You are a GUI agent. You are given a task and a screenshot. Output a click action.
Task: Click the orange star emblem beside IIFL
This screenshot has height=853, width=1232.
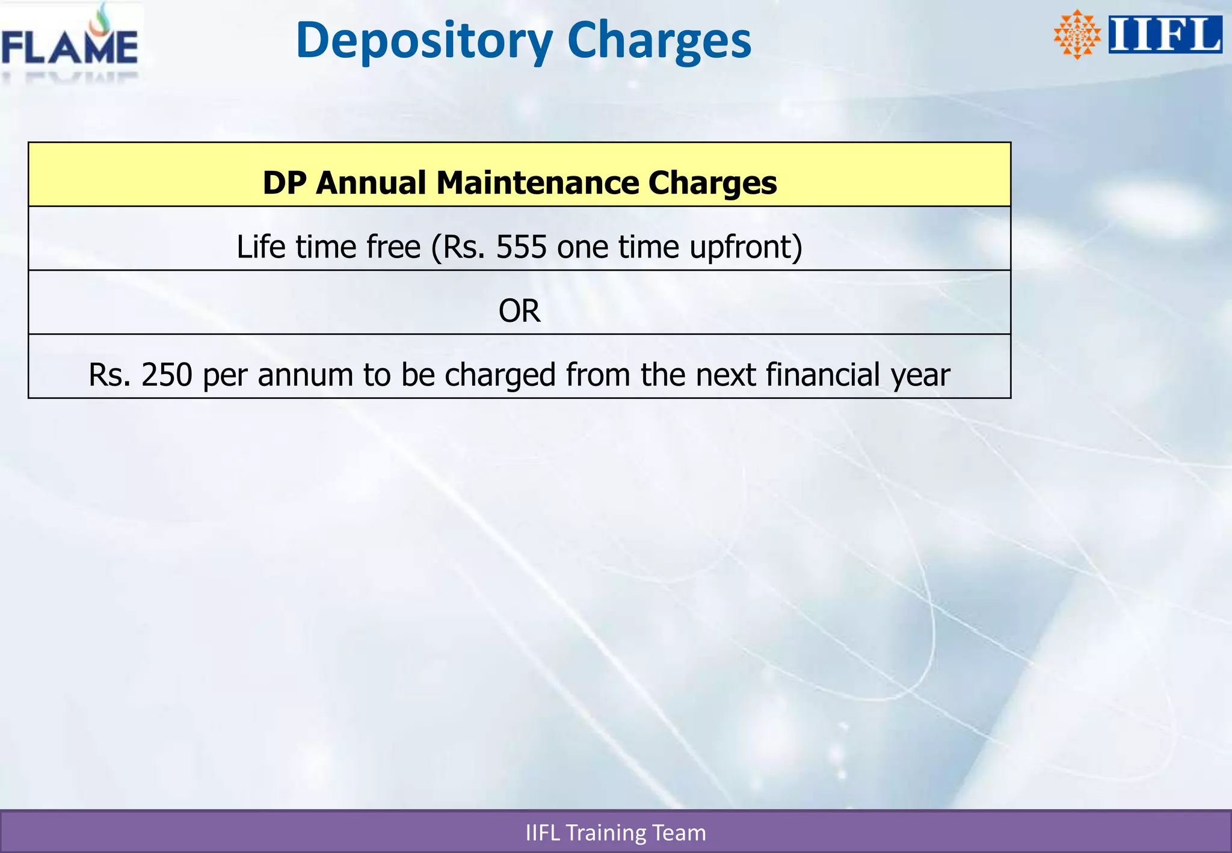pyautogui.click(x=1077, y=35)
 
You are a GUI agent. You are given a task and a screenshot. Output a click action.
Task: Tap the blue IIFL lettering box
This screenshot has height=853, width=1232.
pyautogui.click(x=1165, y=35)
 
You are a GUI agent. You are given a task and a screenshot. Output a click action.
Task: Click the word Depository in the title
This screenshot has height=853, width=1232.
pyautogui.click(x=423, y=41)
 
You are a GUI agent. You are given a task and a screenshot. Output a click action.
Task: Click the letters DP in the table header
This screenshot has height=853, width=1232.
pyautogui.click(x=284, y=182)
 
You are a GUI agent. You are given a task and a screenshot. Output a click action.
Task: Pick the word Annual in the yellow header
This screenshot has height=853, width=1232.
pyautogui.click(x=371, y=182)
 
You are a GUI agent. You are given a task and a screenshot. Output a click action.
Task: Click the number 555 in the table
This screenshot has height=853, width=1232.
pyautogui.click(x=521, y=247)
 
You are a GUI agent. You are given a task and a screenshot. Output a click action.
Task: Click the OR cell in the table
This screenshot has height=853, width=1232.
pyautogui.click(x=519, y=311)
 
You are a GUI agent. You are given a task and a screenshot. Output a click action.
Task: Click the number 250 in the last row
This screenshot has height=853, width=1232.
pyautogui.click(x=167, y=375)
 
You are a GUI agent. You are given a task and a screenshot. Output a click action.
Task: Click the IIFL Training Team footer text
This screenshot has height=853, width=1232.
pyautogui.click(x=615, y=833)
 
